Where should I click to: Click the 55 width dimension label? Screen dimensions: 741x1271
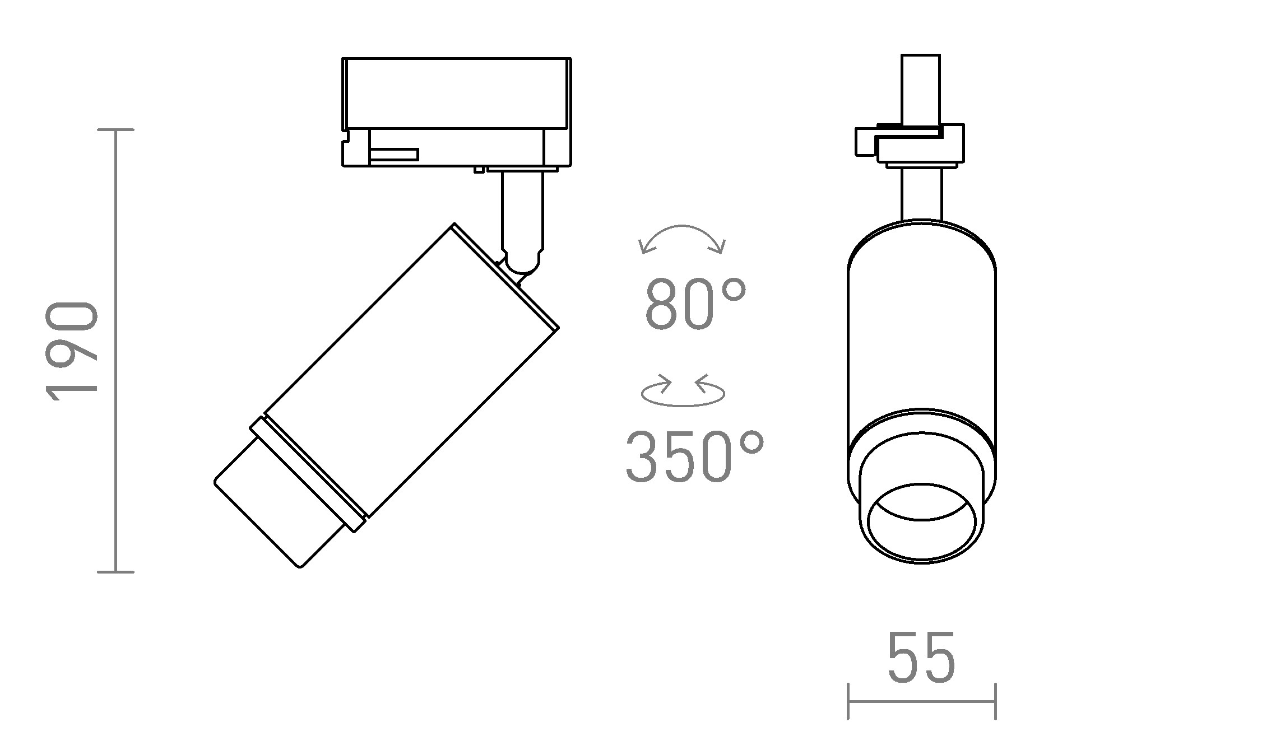(921, 659)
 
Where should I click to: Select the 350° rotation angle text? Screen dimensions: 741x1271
(694, 456)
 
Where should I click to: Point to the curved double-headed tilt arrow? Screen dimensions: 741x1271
(682, 237)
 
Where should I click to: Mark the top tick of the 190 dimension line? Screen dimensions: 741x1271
(116, 130)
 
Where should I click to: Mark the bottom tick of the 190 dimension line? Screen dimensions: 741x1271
(116, 572)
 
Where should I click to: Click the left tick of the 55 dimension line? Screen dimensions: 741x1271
(848, 701)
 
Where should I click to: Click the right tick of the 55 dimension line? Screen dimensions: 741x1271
(995, 701)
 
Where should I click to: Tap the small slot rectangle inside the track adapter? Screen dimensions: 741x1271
(394, 155)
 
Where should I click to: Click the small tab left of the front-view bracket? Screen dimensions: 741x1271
(865, 142)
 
